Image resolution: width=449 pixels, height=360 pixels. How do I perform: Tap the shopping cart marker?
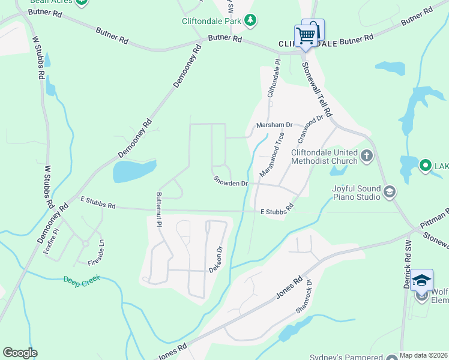tap(306, 35)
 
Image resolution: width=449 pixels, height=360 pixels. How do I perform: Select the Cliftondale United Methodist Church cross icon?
tap(367, 157)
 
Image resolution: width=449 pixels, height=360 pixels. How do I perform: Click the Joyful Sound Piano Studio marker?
tap(389, 191)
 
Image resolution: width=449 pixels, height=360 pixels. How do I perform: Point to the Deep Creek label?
tap(82, 279)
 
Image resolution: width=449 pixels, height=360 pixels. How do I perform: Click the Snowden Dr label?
tap(231, 181)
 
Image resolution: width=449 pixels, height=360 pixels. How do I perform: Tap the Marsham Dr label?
tap(274, 125)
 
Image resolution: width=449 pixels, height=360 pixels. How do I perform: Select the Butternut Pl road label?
tap(159, 209)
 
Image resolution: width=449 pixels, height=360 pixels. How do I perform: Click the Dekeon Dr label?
tap(216, 260)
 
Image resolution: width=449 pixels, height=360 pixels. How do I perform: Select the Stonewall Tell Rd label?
tap(316, 89)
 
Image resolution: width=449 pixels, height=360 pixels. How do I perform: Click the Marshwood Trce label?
tap(272, 155)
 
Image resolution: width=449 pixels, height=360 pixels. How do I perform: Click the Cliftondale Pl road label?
tap(273, 78)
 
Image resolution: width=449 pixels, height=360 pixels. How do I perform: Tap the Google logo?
tap(20, 353)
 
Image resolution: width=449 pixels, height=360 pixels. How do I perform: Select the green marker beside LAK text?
tap(426, 164)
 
